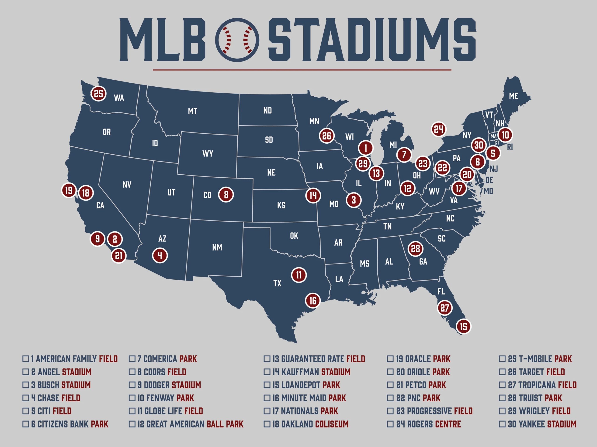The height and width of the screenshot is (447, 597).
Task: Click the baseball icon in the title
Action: click(237, 40)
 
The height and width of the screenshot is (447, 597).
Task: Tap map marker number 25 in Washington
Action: click(98, 94)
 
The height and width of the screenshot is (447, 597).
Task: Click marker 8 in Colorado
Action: click(226, 195)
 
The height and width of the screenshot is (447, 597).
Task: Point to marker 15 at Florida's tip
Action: click(463, 327)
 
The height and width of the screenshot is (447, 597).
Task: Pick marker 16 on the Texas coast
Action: click(312, 300)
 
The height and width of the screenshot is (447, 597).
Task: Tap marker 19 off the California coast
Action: click(69, 190)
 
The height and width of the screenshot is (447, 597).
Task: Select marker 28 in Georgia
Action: click(415, 248)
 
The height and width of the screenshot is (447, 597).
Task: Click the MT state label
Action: click(192, 111)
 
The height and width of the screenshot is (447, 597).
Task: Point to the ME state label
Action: click(513, 96)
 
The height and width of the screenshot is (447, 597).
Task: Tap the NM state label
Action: click(217, 247)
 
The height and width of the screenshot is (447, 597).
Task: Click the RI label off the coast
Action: click(510, 147)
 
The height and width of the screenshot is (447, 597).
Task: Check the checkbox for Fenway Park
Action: click(132, 398)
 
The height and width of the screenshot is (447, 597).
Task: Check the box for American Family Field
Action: click(25, 359)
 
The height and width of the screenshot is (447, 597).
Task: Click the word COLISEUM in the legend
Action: click(332, 424)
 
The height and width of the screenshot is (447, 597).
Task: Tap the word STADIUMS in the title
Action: click(372, 40)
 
